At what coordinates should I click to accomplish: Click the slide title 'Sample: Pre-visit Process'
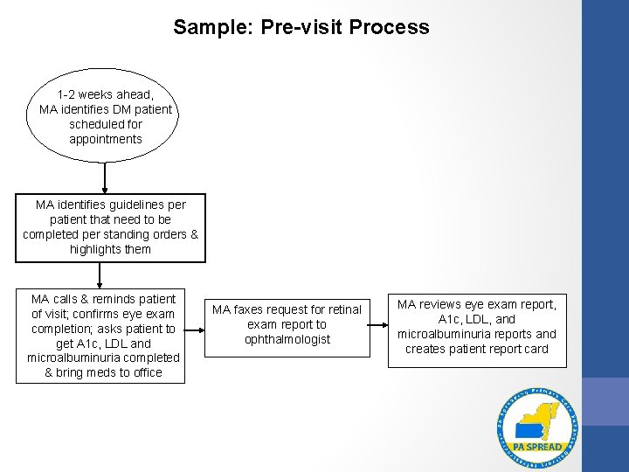click(301, 27)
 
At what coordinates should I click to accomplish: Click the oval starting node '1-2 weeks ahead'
click(105, 116)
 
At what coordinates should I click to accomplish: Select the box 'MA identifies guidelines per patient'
click(110, 227)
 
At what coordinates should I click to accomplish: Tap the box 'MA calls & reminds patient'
click(103, 336)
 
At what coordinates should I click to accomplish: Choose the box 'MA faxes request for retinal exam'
click(287, 324)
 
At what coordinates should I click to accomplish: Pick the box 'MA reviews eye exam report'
click(477, 327)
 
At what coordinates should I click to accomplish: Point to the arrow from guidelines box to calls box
click(100, 274)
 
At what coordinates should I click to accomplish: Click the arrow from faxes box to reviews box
click(377, 325)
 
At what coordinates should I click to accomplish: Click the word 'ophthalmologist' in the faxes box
click(287, 339)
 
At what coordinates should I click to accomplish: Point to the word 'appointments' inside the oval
click(106, 139)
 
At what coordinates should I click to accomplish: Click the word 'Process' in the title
click(390, 27)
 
